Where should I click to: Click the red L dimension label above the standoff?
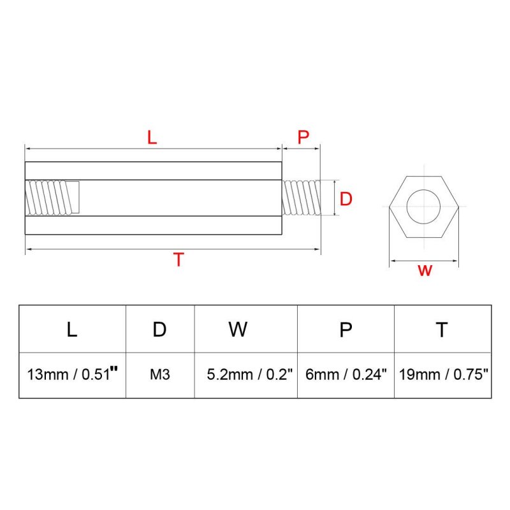pyautogui.click(x=152, y=137)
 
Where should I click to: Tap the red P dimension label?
pyautogui.click(x=303, y=137)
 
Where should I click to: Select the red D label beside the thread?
pyautogui.click(x=346, y=198)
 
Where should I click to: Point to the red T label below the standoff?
pyautogui.click(x=178, y=259)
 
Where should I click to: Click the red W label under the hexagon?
pyautogui.click(x=425, y=270)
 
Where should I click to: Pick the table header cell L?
pyautogui.click(x=72, y=329)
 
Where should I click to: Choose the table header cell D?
pyautogui.click(x=160, y=329)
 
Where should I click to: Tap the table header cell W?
pyautogui.click(x=238, y=329)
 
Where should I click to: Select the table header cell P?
pyautogui.click(x=346, y=329)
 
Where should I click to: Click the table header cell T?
pyautogui.click(x=442, y=329)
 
